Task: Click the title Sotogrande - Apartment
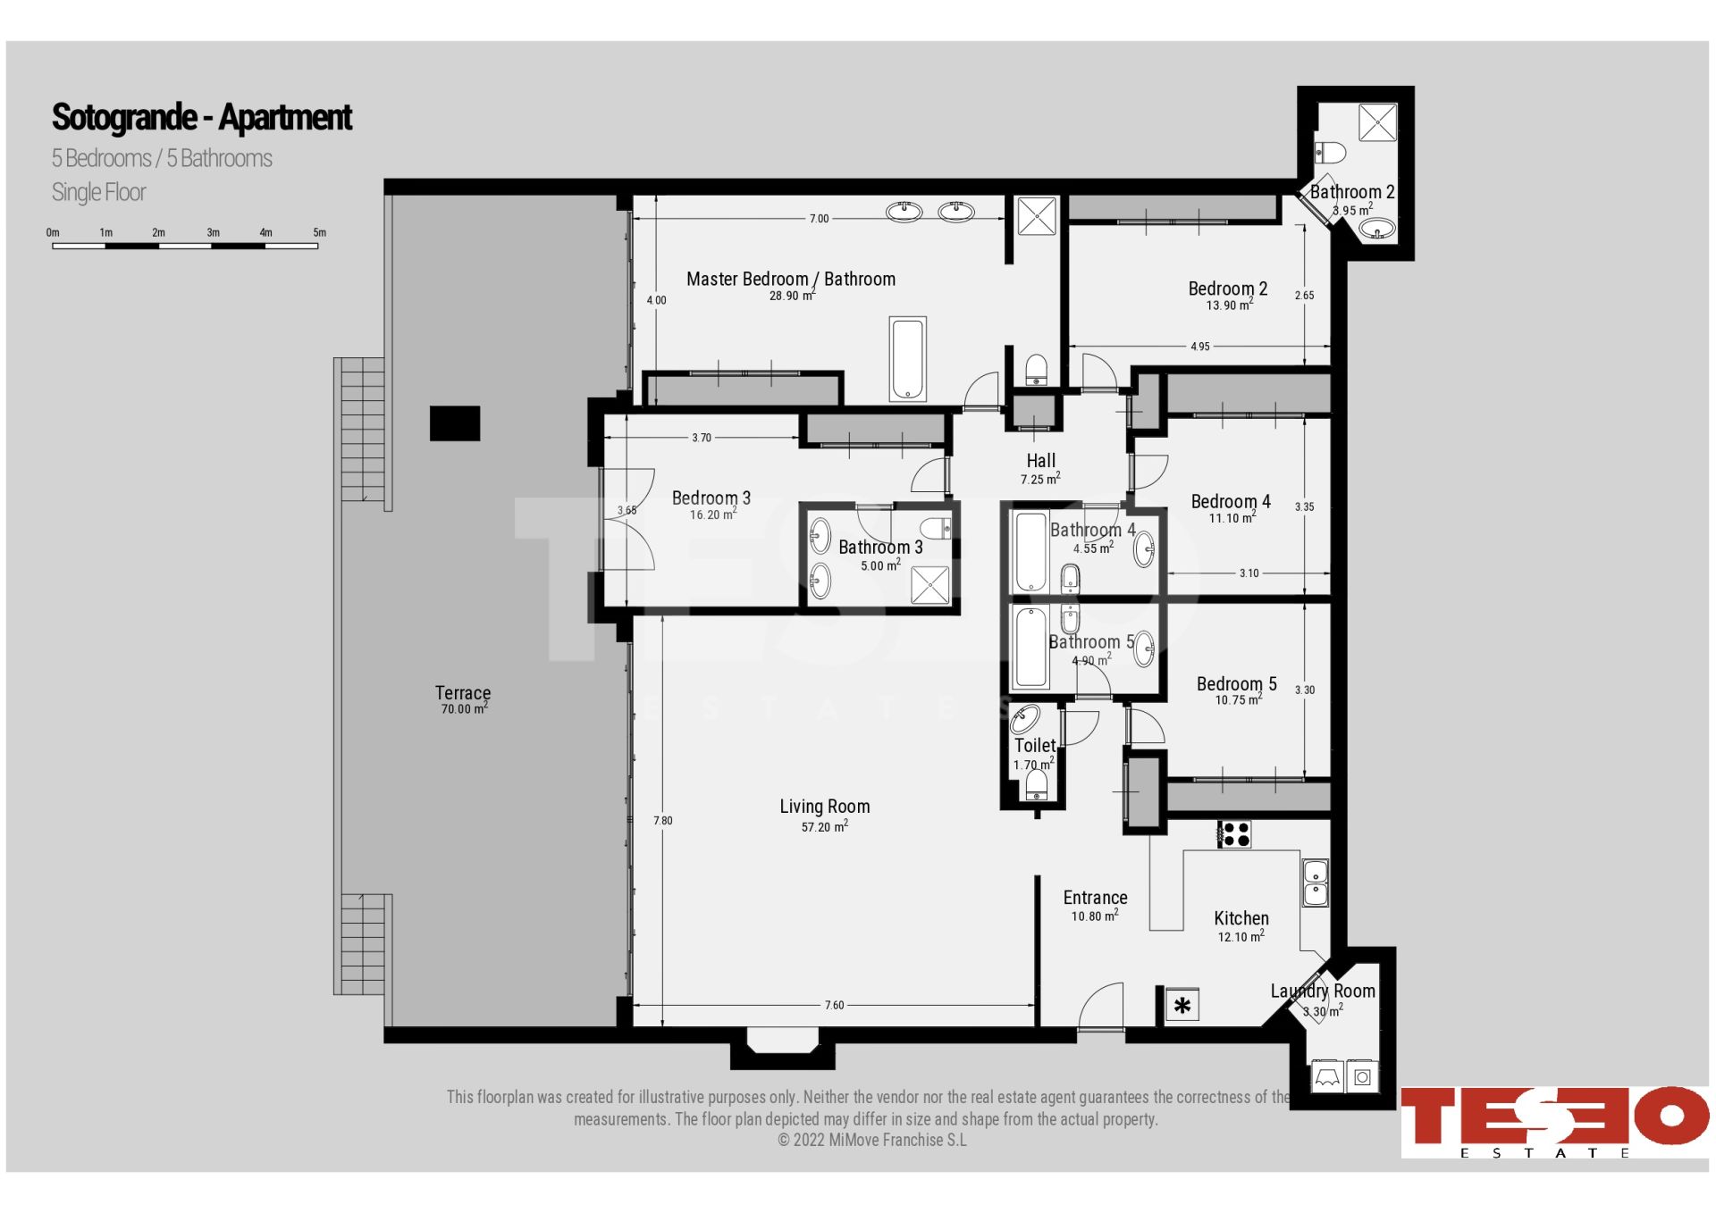[202, 117]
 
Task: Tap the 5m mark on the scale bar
[319, 233]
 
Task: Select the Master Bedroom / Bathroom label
[791, 279]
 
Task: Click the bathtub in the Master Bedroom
[907, 359]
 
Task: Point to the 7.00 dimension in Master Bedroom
[820, 219]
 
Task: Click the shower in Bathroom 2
[1377, 122]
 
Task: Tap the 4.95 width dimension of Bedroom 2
[1200, 347]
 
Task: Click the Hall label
[1040, 461]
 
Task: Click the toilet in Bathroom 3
[936, 528]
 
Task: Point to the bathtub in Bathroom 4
[1031, 552]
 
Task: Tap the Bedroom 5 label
[1237, 684]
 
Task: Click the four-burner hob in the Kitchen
[1234, 834]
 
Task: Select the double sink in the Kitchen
[1315, 883]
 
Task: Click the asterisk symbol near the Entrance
[1182, 1006]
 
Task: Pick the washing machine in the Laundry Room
[1362, 1076]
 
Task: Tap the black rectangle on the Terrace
[455, 423]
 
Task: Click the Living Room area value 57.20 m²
[824, 827]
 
